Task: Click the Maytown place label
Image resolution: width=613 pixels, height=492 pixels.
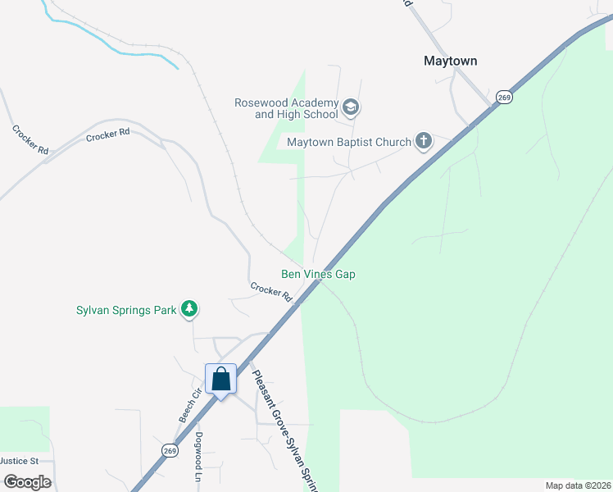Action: (450, 61)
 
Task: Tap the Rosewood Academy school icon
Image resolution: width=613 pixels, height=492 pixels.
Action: (351, 107)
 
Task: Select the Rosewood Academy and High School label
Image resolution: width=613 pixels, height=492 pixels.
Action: (285, 108)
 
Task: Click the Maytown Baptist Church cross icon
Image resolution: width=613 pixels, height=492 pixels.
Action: (423, 142)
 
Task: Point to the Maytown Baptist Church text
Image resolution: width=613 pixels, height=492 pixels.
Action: (348, 143)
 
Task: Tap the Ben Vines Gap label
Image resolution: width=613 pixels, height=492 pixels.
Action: (318, 275)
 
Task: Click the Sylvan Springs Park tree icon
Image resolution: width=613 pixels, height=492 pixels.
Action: (190, 310)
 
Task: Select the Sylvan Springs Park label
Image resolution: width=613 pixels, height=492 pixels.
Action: (126, 311)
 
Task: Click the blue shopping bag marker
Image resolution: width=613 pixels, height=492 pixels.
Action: (220, 380)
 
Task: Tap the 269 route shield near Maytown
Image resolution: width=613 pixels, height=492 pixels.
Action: (504, 98)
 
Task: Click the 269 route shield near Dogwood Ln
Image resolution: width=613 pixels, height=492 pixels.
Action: (170, 451)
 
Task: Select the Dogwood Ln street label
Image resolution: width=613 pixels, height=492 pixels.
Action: (198, 457)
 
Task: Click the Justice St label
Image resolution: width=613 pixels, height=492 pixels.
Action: (19, 461)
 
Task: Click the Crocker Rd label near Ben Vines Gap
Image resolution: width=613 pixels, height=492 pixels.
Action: (271, 291)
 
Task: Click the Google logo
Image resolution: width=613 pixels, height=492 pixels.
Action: (27, 482)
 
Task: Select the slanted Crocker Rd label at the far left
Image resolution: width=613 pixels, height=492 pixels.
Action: (30, 139)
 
